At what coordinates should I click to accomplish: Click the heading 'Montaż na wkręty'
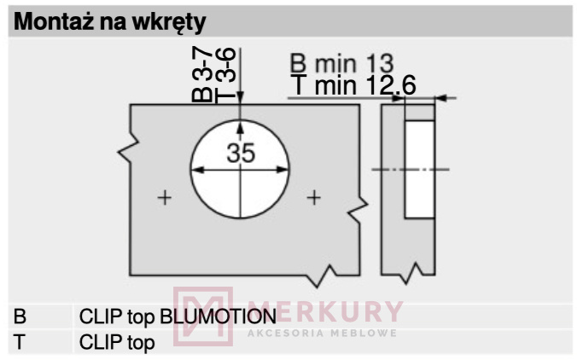109,22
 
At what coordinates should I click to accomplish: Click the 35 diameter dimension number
241,153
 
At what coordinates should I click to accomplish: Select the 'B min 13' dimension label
342,63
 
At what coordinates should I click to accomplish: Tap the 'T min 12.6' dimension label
353,84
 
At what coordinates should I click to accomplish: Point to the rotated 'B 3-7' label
202,75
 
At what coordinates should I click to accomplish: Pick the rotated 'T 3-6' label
224,75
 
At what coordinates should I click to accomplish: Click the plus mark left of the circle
165,198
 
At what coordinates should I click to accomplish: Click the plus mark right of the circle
314,198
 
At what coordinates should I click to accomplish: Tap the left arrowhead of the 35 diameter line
198,170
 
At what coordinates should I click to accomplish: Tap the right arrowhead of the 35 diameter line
283,170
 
